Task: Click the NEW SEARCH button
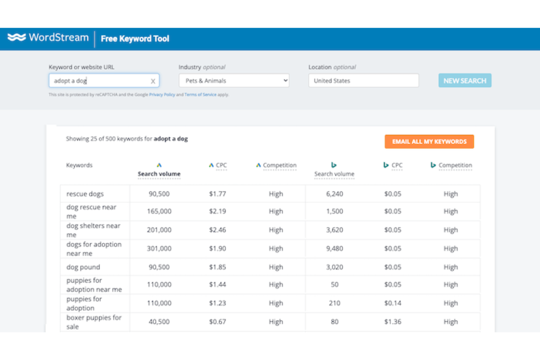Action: point(464,81)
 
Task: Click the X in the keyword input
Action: point(153,81)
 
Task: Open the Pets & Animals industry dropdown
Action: point(234,81)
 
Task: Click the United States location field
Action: point(363,81)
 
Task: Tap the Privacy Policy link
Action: point(162,94)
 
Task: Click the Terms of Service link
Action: point(200,94)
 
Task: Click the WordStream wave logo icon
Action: point(17,37)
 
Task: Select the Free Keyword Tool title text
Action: point(135,39)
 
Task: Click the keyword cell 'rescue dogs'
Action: point(85,194)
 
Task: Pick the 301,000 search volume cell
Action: point(159,248)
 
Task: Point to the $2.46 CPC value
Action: point(217,230)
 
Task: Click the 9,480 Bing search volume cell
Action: point(334,248)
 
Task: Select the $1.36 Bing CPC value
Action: point(393,322)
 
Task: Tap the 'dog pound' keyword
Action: point(83,267)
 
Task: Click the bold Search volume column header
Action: point(159,174)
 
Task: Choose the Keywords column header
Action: point(79,165)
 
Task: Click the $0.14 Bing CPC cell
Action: point(393,303)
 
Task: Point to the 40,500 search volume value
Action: point(159,322)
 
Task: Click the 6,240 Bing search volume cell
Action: point(334,194)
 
